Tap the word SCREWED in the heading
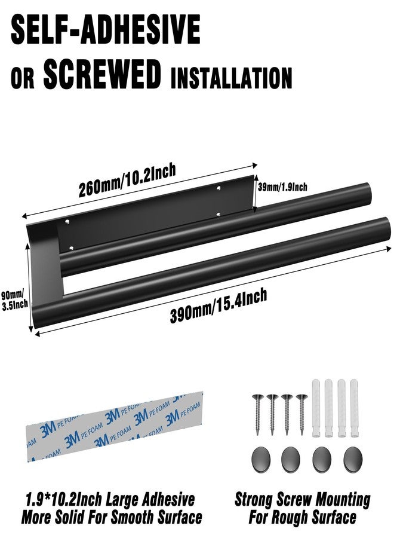point(101,74)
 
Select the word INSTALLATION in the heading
point(231,77)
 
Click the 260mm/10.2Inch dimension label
point(127,180)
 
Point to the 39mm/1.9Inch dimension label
point(282,187)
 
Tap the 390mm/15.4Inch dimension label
point(218,306)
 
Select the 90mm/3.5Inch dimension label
point(14,300)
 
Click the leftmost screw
point(258,414)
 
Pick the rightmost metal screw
point(302,414)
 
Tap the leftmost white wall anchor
point(316,408)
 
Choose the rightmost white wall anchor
point(354,408)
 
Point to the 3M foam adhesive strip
point(115,426)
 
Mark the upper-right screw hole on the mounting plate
point(219,188)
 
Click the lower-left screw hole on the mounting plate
point(71,247)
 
